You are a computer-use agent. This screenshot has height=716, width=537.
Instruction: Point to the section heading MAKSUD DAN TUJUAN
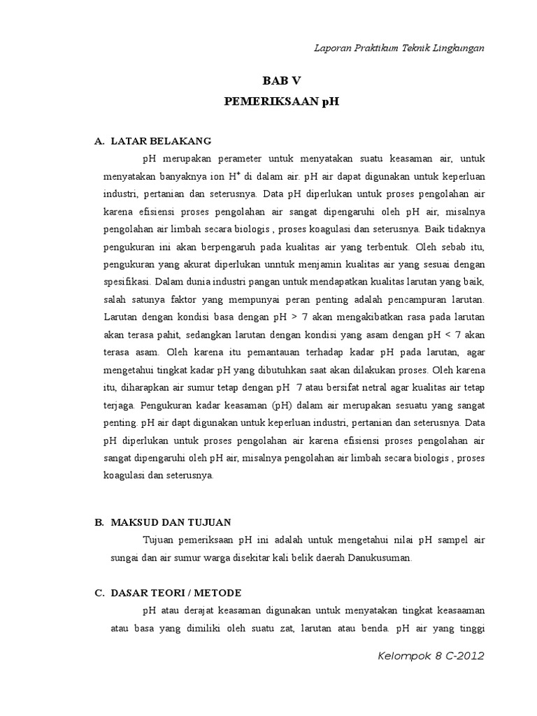171,522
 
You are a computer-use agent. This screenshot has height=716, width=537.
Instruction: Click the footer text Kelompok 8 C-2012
430,656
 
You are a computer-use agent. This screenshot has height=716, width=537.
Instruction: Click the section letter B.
99,522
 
